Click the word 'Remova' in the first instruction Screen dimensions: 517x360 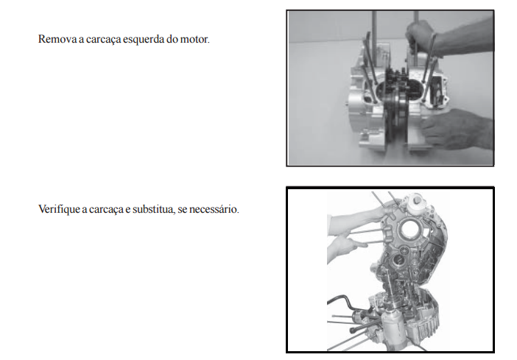point(57,39)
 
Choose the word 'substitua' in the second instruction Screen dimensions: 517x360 point(153,209)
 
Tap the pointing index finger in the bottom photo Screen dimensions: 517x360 point(356,244)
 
